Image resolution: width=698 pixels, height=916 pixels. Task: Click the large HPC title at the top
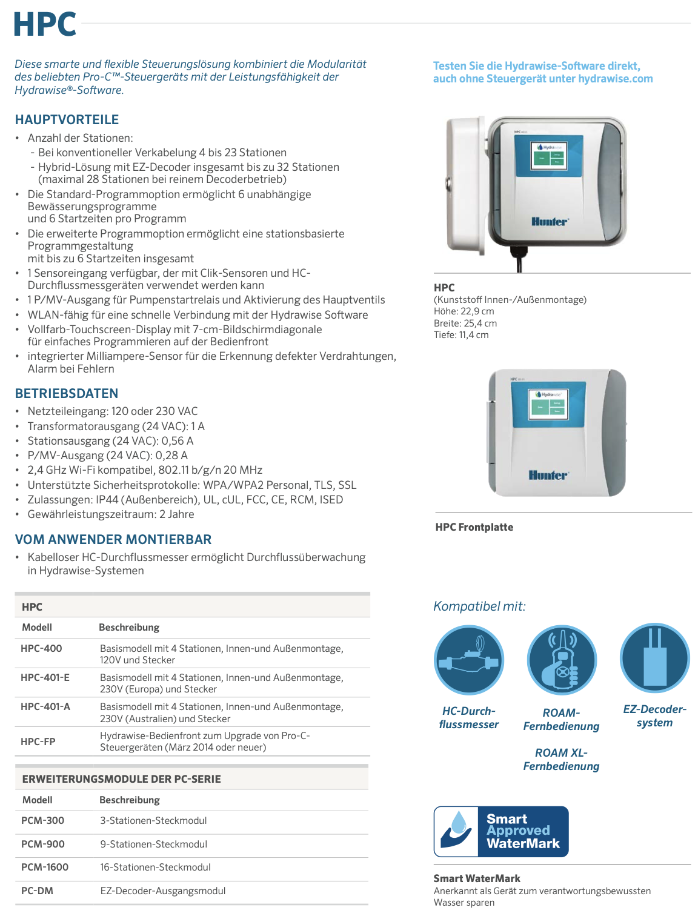tap(45, 25)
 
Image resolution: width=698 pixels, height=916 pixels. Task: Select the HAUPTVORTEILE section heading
tap(67, 120)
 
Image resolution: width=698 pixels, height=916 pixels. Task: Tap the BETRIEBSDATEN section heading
tap(67, 394)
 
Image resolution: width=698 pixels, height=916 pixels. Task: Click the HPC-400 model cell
tap(41, 648)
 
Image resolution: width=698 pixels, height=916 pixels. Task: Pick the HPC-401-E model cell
tap(45, 677)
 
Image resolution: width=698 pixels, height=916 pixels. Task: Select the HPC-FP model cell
tap(38, 742)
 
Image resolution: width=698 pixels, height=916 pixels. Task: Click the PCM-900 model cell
tap(42, 844)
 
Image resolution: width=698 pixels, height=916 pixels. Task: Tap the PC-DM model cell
tap(37, 891)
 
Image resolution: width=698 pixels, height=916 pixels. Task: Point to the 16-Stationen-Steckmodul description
tap(155, 867)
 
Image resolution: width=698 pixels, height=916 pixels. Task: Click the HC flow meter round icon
tap(469, 660)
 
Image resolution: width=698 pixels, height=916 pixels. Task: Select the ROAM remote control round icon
tap(562, 660)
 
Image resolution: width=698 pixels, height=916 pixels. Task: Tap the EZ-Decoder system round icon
tap(654, 659)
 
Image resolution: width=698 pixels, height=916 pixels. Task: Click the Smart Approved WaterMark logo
tap(501, 831)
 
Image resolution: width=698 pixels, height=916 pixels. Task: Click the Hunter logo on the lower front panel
tap(548, 475)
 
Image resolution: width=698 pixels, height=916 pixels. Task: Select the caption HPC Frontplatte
tap(474, 527)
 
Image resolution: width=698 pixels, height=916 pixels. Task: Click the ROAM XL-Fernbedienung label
tap(561, 759)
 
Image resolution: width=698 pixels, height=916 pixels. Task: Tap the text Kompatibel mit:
tap(479, 606)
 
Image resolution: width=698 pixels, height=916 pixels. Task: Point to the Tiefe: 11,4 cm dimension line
tap(461, 335)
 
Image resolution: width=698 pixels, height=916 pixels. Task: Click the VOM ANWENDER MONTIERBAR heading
tap(113, 540)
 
